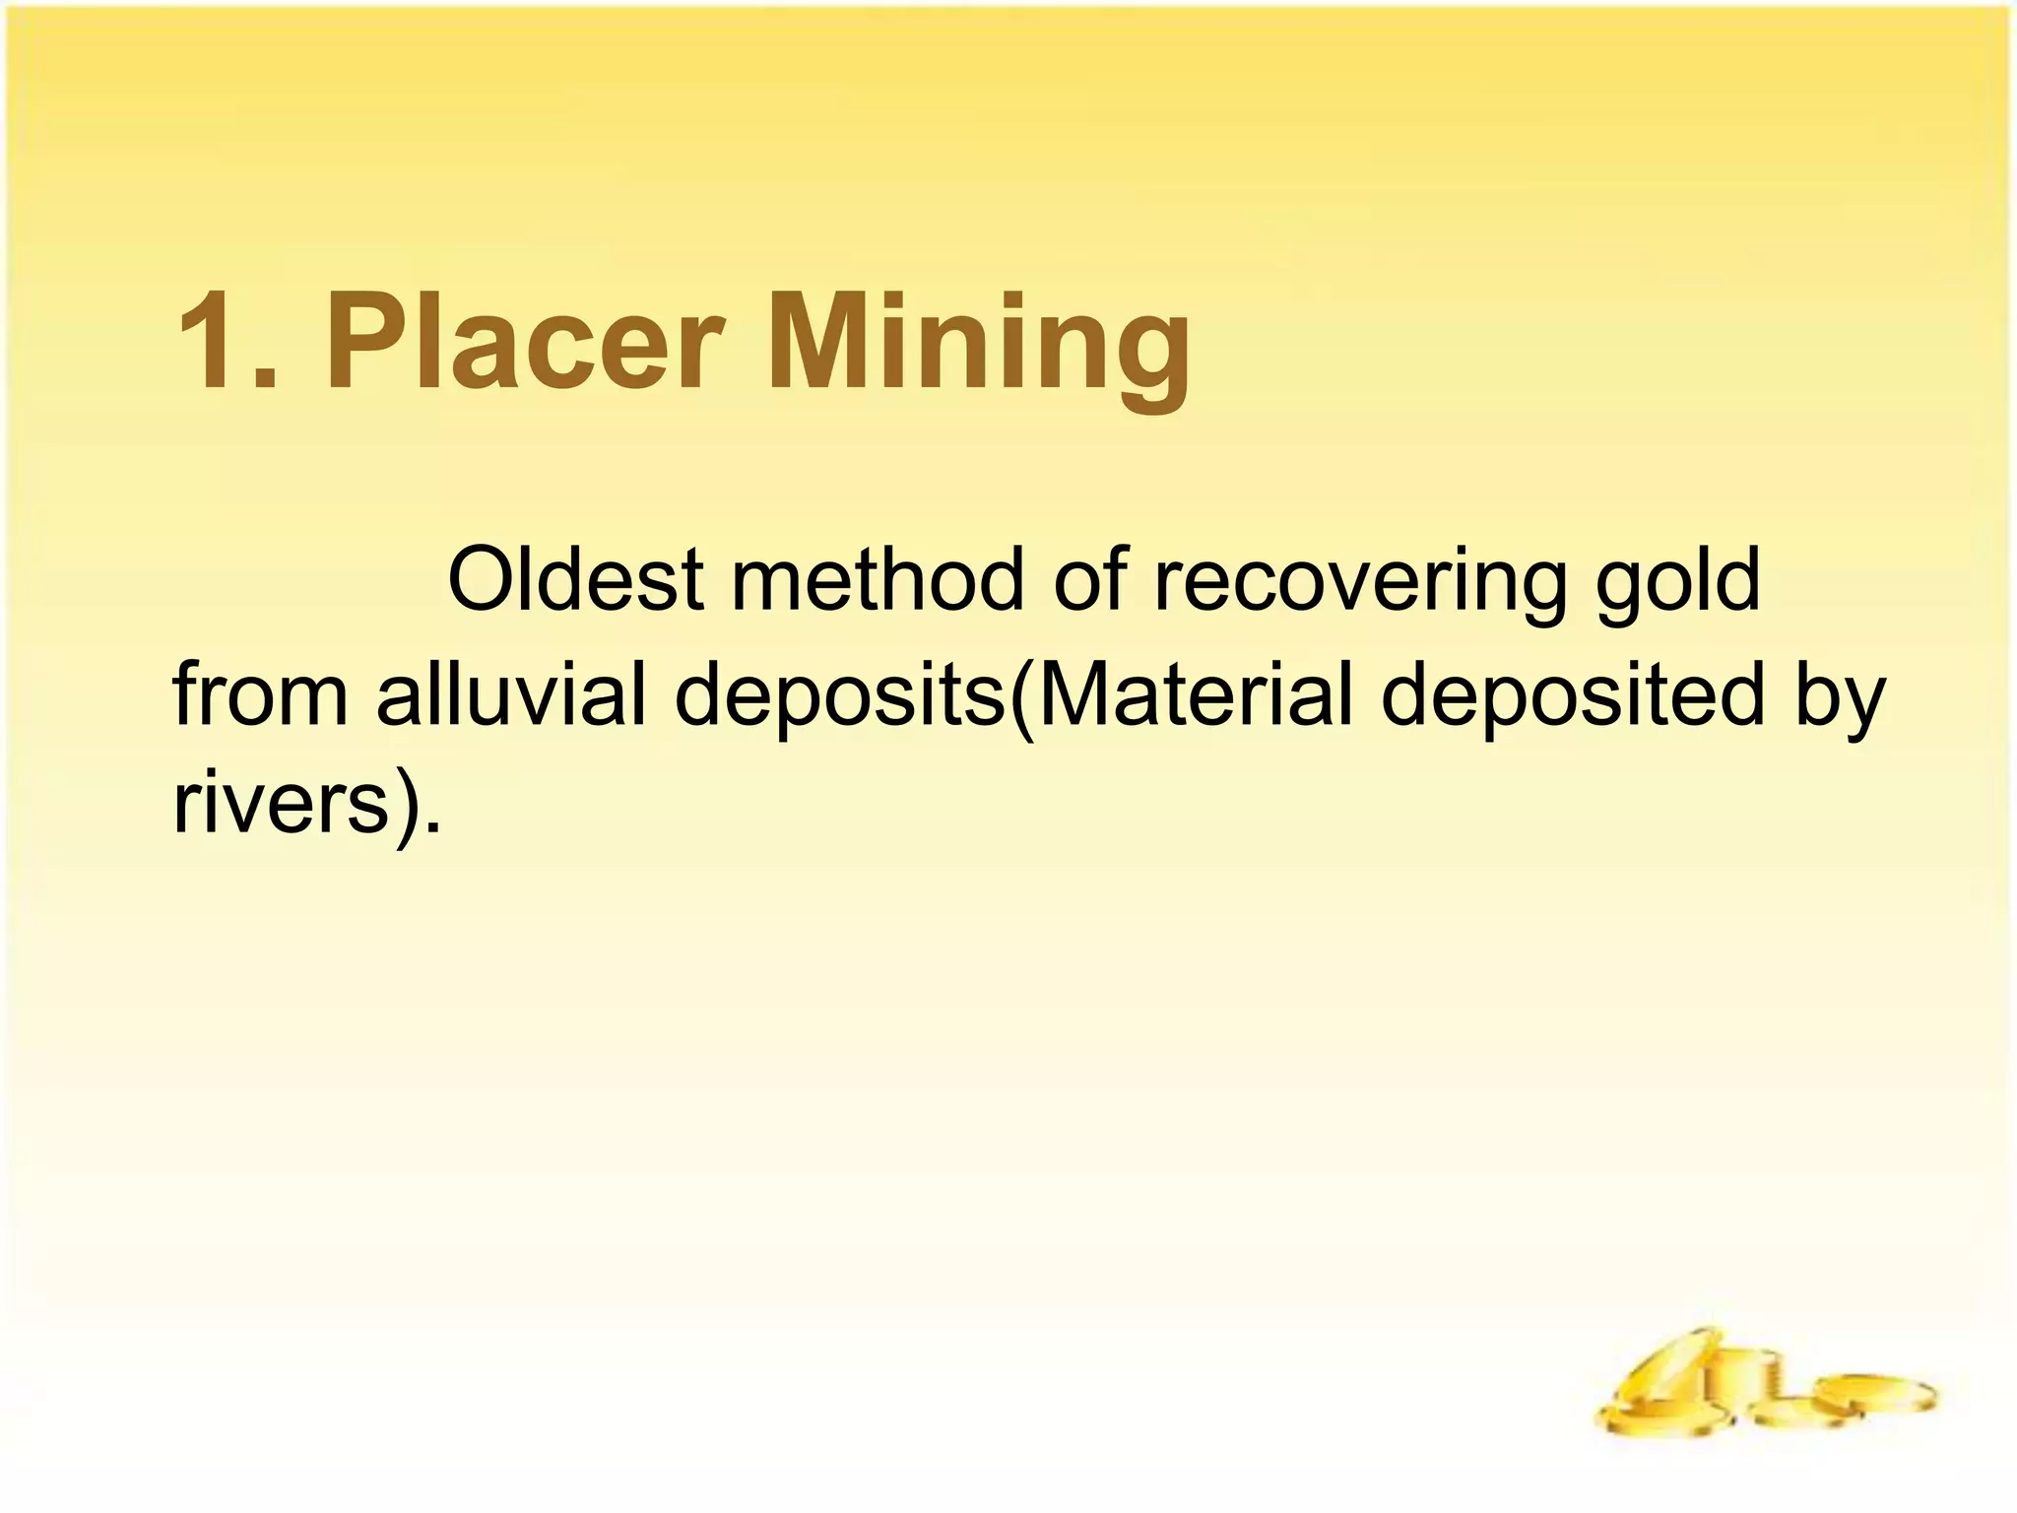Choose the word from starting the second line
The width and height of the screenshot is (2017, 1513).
261,694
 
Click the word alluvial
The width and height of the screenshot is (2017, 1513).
511,694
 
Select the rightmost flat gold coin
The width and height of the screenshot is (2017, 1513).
1872,1395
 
